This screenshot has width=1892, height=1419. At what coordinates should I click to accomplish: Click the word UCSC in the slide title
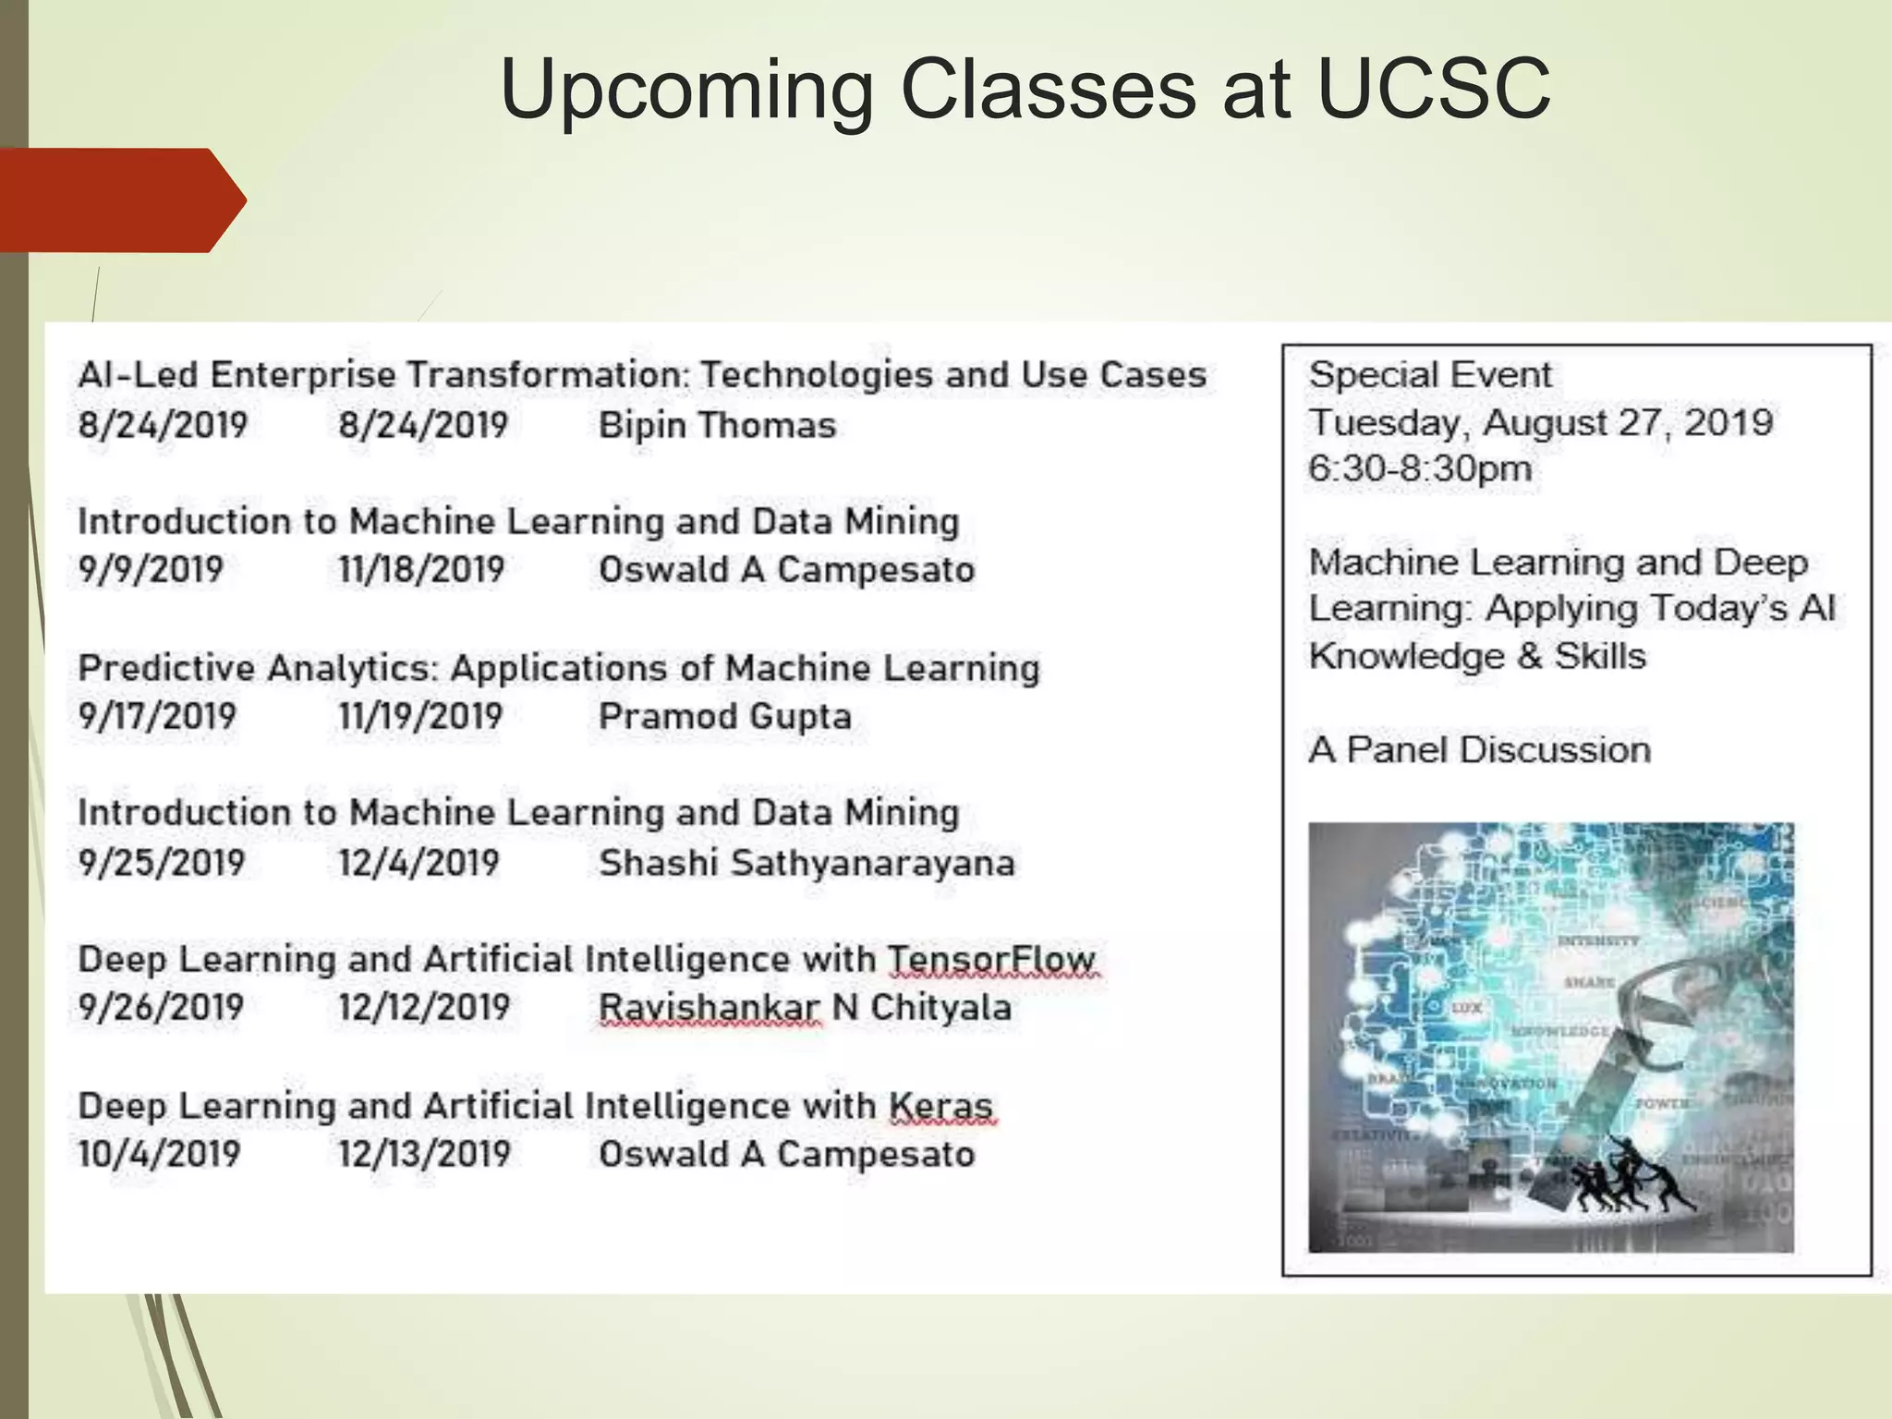pyautogui.click(x=1433, y=89)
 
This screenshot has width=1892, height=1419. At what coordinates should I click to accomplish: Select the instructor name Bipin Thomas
pyautogui.click(x=717, y=426)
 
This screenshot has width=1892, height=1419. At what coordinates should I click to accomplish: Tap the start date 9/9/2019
pyautogui.click(x=151, y=569)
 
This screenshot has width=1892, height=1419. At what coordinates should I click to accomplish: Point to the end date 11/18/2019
pyautogui.click(x=421, y=569)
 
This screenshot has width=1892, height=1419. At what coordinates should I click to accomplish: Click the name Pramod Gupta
pyautogui.click(x=724, y=716)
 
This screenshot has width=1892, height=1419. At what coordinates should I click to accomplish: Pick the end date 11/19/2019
pyautogui.click(x=420, y=716)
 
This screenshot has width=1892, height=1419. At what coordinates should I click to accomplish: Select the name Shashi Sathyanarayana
pyautogui.click(x=807, y=863)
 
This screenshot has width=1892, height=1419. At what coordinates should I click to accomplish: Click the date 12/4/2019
pyautogui.click(x=418, y=863)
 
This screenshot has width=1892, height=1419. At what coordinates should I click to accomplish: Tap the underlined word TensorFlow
pyautogui.click(x=991, y=960)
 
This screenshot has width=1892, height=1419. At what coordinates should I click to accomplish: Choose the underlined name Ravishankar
pyautogui.click(x=709, y=1008)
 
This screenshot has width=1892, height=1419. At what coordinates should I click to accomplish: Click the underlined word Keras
pyautogui.click(x=940, y=1106)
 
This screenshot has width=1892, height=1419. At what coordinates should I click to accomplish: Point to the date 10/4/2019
pyautogui.click(x=159, y=1154)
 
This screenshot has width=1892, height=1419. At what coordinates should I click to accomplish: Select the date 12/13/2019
pyautogui.click(x=424, y=1154)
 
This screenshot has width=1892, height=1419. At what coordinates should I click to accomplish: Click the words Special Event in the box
pyautogui.click(x=1429, y=375)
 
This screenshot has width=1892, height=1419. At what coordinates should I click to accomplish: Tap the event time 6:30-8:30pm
pyautogui.click(x=1419, y=468)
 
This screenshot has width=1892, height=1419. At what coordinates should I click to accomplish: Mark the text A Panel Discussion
pyautogui.click(x=1479, y=749)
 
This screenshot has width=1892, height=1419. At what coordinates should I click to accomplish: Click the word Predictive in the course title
pyautogui.click(x=165, y=668)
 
